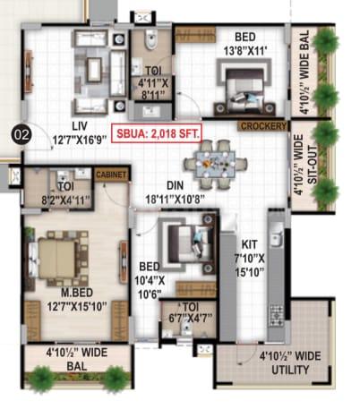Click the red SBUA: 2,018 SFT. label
158,133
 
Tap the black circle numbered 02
21,135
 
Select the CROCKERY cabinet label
263,126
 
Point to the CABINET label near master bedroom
111,175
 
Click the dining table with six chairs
215,165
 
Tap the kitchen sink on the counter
277,234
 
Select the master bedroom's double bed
58,259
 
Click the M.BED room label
77,293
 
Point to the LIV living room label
80,126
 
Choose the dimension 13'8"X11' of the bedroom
245,51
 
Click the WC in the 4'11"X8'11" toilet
150,39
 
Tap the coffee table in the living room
94,70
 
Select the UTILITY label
290,370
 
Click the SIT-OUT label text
312,165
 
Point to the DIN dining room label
175,185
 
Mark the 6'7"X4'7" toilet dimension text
191,318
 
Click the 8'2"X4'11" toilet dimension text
65,200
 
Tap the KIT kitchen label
249,244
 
